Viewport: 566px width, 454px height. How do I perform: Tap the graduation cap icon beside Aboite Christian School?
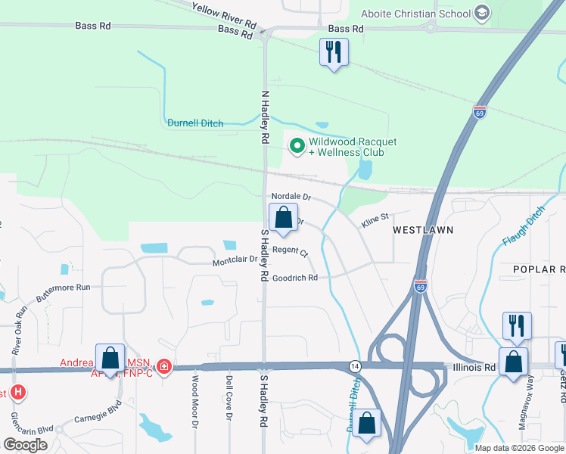point(481,12)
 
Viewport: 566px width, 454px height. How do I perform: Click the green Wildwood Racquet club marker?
point(297,145)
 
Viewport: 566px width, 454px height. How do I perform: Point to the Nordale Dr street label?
point(291,197)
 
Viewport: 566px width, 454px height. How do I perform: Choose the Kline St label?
point(375,220)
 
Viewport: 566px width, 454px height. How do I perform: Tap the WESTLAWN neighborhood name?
point(422,229)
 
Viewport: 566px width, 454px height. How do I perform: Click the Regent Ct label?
point(291,250)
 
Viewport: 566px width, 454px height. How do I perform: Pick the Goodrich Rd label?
point(295,278)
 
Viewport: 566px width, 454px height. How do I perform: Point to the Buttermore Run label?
point(64,288)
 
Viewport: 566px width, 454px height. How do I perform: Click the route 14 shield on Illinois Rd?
point(354,366)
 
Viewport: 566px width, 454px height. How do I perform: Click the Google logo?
point(25,445)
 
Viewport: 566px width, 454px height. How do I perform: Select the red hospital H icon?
point(18,393)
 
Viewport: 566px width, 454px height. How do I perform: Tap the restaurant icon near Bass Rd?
point(334,53)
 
